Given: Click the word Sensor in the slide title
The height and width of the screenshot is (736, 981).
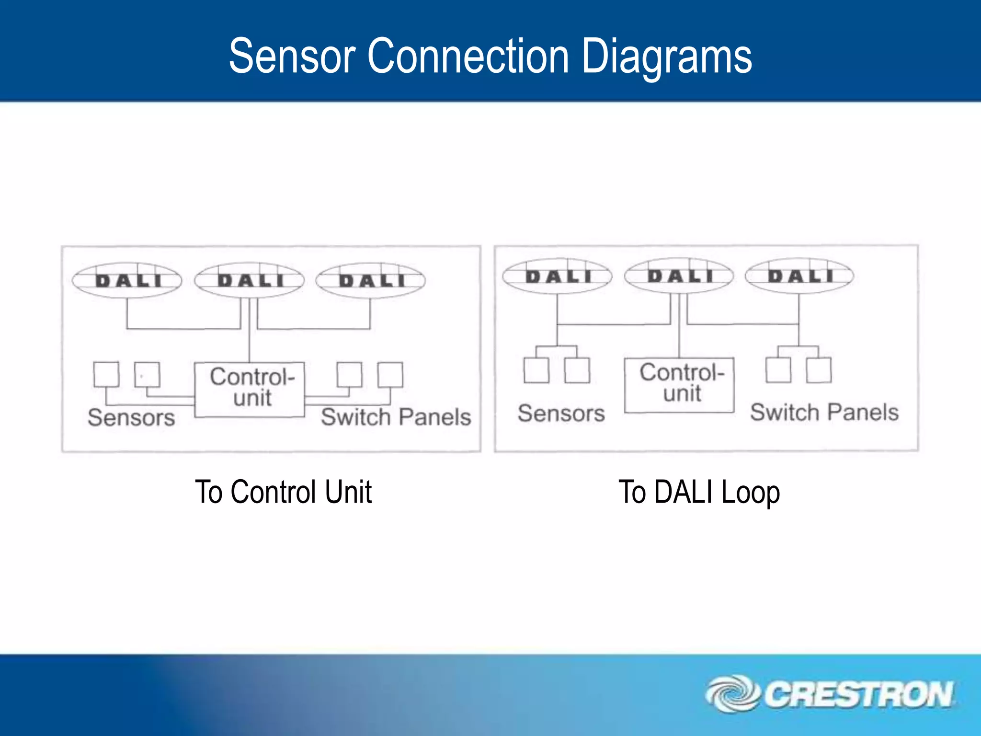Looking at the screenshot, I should (291, 57).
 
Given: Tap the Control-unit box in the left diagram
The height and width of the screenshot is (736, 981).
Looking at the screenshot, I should (250, 389).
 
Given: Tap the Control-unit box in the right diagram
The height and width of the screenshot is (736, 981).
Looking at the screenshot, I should (679, 385).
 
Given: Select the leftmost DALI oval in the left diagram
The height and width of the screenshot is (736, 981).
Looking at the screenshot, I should (127, 280).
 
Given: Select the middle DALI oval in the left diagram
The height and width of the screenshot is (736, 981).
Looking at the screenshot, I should (250, 280).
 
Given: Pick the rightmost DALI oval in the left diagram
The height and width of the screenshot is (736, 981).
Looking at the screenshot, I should (371, 280).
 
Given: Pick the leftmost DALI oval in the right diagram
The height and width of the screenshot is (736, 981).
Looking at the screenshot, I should (557, 276).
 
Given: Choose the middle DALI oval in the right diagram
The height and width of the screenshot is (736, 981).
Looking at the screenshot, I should (679, 276).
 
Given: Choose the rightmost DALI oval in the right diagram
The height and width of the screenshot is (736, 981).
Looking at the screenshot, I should (799, 276).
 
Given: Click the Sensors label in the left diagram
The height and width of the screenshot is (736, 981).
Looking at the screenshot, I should (131, 417).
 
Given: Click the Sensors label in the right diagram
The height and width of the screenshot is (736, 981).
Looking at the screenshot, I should (561, 413).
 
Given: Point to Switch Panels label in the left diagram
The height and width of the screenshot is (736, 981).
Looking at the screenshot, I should (396, 417).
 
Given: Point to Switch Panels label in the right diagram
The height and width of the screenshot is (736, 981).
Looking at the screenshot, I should (824, 412).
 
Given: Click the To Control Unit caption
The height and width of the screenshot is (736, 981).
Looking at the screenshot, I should (283, 492).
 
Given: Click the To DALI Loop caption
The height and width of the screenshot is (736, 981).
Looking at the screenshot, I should (699, 492).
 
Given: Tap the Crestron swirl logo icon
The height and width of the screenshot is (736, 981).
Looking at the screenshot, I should (732, 693).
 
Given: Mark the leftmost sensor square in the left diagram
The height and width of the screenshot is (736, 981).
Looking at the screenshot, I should (106, 374).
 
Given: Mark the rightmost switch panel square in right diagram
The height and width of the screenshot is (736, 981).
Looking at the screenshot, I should (819, 370).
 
